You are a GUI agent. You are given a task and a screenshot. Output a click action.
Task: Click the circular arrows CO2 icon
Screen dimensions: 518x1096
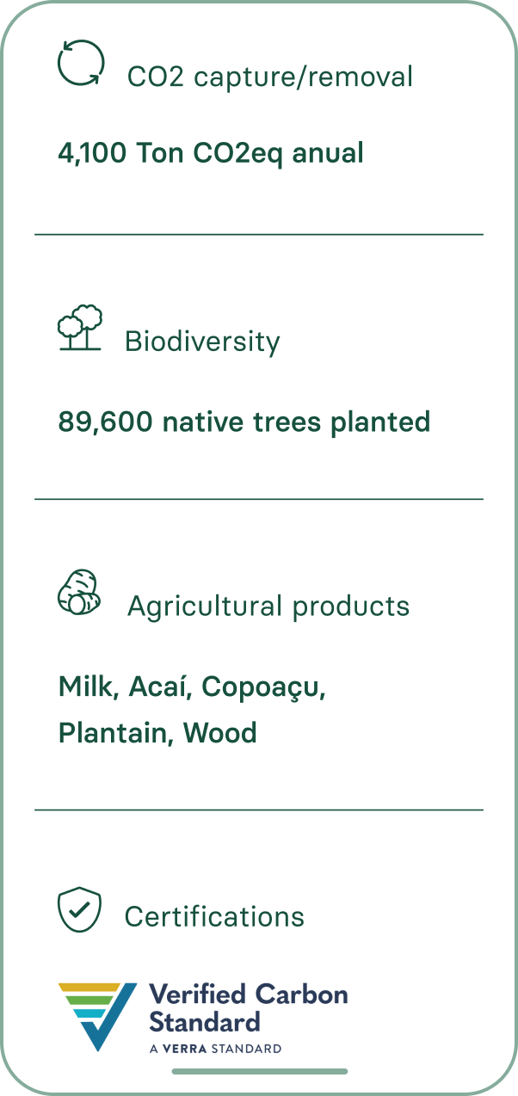81,63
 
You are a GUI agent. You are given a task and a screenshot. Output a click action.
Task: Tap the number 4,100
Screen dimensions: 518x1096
92,154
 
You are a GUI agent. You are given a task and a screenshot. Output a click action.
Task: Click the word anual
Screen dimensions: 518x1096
328,152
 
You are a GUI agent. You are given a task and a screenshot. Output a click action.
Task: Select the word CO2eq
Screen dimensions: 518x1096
237,154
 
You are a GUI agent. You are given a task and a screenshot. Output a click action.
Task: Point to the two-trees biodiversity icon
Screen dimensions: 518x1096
80,327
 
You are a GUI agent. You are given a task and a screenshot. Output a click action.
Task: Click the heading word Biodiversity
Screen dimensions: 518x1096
202,342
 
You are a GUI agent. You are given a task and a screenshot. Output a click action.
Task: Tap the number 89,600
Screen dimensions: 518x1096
105,422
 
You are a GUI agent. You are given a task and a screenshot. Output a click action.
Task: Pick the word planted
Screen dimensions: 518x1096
380,422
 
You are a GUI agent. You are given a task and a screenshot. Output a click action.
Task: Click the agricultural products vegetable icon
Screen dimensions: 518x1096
79,592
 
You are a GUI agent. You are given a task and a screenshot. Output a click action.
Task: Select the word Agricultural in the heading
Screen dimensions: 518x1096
205,607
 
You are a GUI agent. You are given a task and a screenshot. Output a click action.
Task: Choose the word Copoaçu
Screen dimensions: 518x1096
263,688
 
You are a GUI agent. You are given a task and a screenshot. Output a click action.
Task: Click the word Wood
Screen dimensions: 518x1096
219,733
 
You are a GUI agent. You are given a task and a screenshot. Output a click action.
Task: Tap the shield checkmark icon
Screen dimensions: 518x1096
79,909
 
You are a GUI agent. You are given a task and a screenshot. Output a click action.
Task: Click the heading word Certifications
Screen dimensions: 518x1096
214,917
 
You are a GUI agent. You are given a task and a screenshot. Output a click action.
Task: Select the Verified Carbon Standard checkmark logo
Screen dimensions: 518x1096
98,1017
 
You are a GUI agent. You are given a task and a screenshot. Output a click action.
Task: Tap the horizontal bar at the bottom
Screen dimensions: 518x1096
260,1072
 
